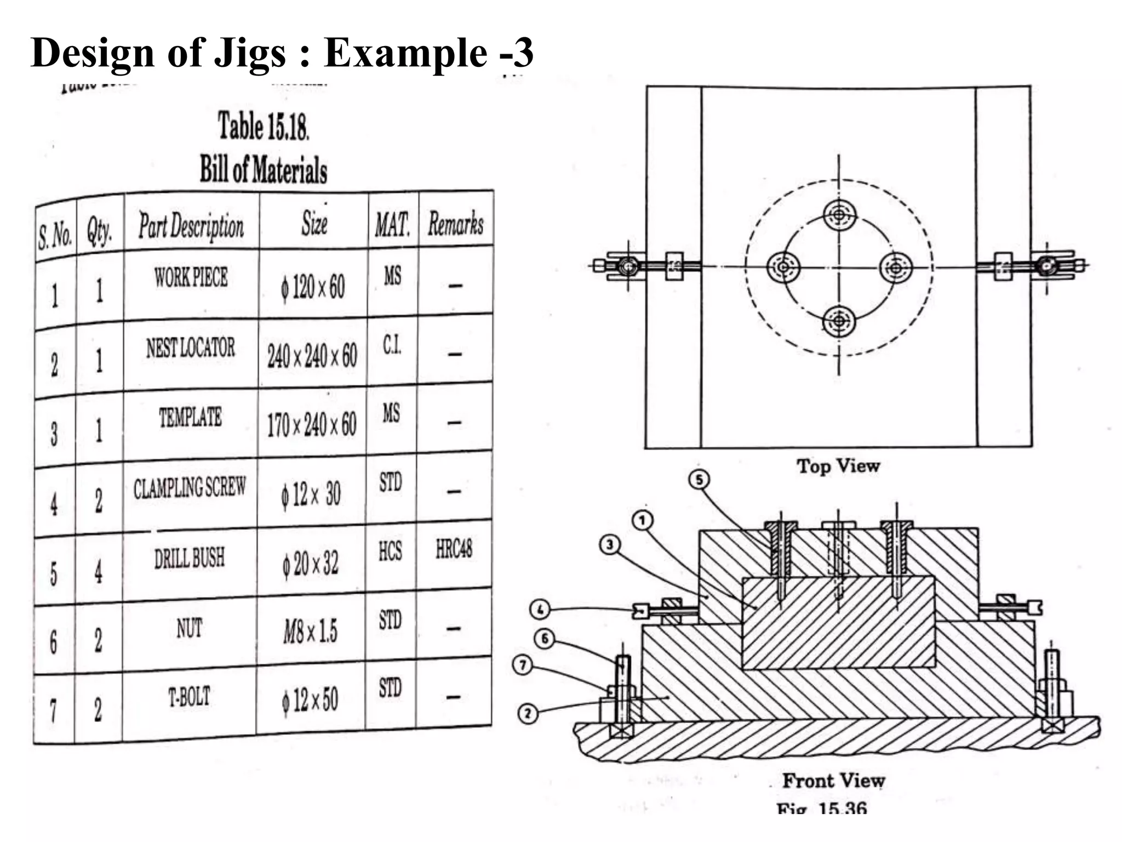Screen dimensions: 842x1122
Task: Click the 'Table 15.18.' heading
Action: click(x=264, y=126)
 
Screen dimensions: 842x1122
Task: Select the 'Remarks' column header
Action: click(x=455, y=224)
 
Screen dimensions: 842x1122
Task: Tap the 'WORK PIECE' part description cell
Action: click(x=191, y=277)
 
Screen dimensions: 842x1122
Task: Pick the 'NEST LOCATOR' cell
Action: click(x=190, y=348)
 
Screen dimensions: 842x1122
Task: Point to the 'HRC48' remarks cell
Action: click(x=454, y=549)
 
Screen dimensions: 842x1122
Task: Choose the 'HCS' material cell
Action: click(x=390, y=551)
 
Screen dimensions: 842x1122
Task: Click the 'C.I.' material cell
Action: click(x=392, y=345)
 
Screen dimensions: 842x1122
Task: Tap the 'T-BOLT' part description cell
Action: click(x=189, y=697)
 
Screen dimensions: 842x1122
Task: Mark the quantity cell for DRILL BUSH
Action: click(x=98, y=572)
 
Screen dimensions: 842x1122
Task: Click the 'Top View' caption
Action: click(x=838, y=466)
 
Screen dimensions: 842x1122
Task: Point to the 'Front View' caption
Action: click(x=833, y=780)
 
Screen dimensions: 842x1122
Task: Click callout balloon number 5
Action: click(x=699, y=480)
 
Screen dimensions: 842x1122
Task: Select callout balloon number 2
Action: click(x=528, y=713)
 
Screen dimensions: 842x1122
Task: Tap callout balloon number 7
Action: click(x=523, y=665)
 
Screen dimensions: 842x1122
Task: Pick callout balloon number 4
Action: click(x=540, y=609)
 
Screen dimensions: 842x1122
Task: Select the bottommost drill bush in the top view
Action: click(x=839, y=321)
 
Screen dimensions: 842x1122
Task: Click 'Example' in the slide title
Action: click(x=405, y=53)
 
